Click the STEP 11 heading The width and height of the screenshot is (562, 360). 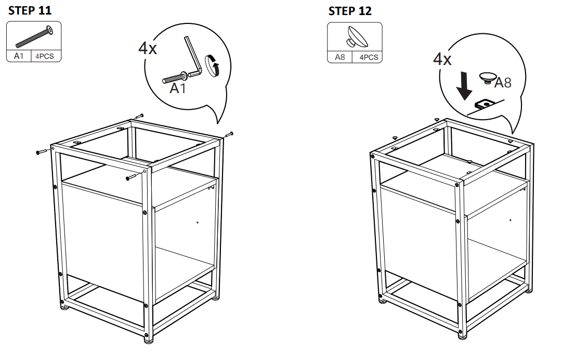30,10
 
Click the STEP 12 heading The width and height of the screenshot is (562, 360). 350,11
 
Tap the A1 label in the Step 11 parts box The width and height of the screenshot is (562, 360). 19,57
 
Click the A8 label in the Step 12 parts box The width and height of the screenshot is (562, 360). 339,57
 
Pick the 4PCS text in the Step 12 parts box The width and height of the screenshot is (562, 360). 369,57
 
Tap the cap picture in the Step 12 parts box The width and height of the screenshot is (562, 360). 355,37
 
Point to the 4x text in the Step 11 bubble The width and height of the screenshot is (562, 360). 147,48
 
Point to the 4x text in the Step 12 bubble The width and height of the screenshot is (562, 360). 442,59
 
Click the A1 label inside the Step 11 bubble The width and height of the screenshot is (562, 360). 178,89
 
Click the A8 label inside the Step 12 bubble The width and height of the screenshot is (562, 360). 502,83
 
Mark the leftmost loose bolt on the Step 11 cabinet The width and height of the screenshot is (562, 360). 42,152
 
